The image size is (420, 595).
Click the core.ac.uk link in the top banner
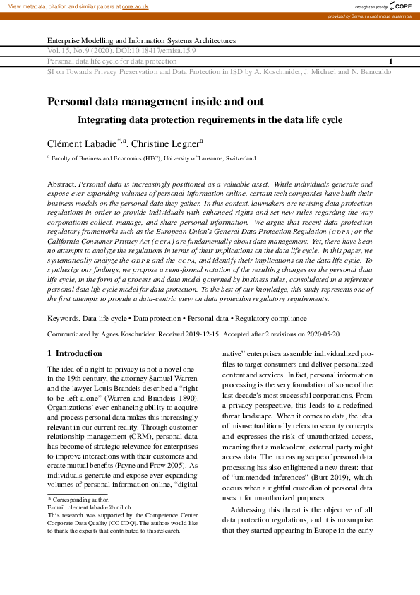(x=135, y=6)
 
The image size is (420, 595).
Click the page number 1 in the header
(x=390, y=61)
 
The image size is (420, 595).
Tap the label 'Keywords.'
(x=63, y=319)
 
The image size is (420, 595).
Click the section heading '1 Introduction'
(x=74, y=353)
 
